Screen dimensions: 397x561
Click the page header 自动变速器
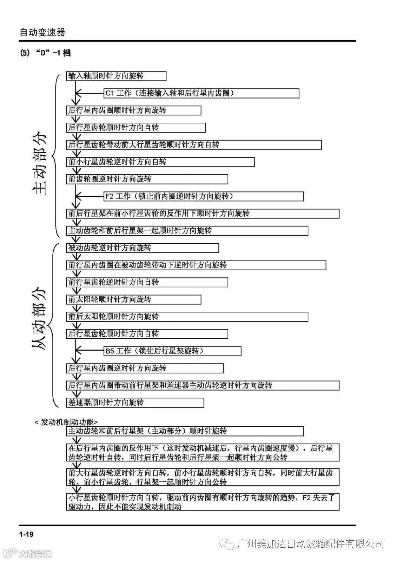(42, 33)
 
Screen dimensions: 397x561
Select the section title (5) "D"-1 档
(45, 53)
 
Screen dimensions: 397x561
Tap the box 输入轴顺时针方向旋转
(116, 76)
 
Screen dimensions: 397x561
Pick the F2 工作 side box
(204, 196)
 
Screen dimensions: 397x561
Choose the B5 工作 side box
(172, 351)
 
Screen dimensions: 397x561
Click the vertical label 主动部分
(39, 163)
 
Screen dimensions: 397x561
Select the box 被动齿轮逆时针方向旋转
(142, 248)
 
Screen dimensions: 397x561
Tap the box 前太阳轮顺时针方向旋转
(133, 299)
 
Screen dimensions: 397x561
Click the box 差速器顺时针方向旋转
(135, 403)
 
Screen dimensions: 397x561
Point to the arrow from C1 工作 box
(90, 93)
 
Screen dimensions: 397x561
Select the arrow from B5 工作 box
(90, 351)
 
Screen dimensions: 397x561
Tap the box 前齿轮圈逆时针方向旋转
(147, 179)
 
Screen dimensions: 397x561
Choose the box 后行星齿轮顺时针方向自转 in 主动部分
(136, 128)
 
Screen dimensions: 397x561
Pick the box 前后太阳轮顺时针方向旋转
(187, 317)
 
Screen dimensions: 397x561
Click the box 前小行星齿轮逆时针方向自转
(160, 162)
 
